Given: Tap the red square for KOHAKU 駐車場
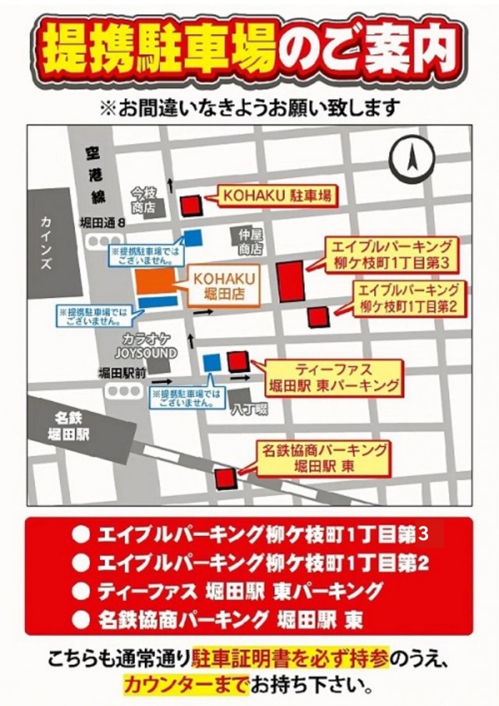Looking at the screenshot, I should point(192,205).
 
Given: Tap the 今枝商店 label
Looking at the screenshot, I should point(143,200).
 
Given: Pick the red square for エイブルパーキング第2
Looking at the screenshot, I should point(318,317).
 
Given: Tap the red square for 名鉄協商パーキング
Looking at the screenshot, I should point(226,477).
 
